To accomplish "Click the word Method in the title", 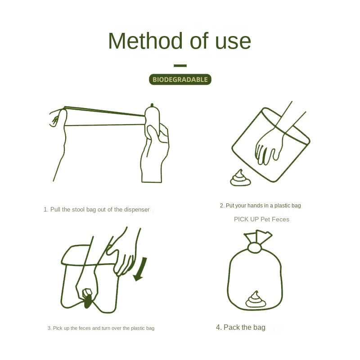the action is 145,41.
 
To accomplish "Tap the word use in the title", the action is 233,43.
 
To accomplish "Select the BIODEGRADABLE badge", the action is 180,80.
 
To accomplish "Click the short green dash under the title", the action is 180,66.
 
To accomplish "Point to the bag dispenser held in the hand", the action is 152,119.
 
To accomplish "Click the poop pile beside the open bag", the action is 240,178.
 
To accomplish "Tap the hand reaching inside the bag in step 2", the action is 269,147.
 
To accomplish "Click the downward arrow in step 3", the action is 140,269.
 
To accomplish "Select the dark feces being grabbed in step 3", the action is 88,301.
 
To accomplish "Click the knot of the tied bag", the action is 254,248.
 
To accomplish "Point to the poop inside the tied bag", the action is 255,299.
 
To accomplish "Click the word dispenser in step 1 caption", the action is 137,210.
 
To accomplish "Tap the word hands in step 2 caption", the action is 254,206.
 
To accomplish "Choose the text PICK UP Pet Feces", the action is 261,219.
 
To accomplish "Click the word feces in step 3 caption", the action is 85,328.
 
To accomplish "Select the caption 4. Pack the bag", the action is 241,327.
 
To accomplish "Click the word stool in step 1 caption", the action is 78,210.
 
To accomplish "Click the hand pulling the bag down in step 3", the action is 121,255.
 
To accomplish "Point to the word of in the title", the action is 199,41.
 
